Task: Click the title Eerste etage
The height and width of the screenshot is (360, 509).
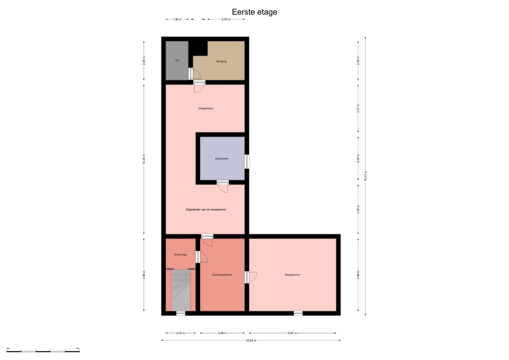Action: pos(254,12)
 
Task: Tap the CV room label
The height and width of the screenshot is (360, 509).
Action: pos(177,60)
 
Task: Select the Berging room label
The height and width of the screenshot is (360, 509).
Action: pos(222,61)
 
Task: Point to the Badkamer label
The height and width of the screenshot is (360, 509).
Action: pos(222,159)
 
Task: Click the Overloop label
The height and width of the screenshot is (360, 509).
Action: pos(180,255)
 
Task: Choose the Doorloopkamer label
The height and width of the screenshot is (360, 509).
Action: pos(222,275)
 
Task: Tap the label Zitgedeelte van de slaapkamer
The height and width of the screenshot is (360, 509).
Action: pos(206,210)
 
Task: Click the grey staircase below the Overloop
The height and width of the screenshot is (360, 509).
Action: pos(181,290)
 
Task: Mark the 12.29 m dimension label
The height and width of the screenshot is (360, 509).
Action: pos(251,340)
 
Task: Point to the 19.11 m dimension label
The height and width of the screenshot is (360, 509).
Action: pos(365,176)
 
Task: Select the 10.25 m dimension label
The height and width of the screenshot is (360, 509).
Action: pos(144,159)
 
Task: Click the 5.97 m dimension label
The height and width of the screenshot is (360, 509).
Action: pos(293,333)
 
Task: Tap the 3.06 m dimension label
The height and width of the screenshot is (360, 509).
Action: pos(222,333)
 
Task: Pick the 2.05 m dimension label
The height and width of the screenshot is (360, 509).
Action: pos(181,333)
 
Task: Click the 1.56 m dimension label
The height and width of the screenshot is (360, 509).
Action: pos(177,19)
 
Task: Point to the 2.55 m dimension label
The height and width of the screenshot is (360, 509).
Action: pos(226,19)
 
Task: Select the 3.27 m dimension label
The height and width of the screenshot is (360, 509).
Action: pos(358,108)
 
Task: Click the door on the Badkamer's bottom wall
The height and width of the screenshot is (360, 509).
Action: pos(223,186)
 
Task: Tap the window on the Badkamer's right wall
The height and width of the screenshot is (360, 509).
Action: pos(247,162)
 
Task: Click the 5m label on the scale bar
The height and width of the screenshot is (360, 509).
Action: pos(78,348)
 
